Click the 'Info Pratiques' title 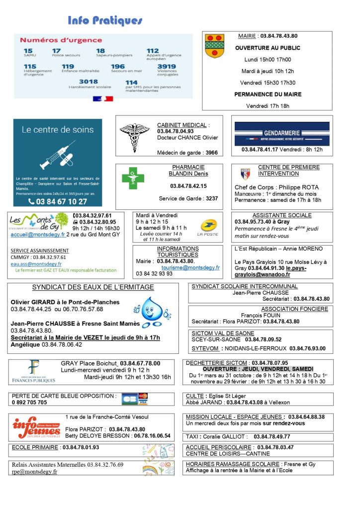pyautogui.click(x=105, y=20)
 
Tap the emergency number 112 pyautogui.click(x=153, y=51)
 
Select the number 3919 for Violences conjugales pyautogui.click(x=167, y=67)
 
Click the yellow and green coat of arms pyautogui.click(x=215, y=46)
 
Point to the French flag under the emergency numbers pyautogui.click(x=103, y=98)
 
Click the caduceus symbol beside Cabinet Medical pyautogui.click(x=134, y=138)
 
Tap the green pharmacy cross pyautogui.click(x=133, y=177)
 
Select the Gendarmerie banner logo pyautogui.click(x=281, y=133)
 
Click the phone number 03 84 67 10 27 pyautogui.click(x=58, y=202)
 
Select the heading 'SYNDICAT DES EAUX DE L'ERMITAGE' pyautogui.click(x=93, y=287)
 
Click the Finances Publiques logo pyautogui.click(x=34, y=372)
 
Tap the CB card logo pyautogui.click(x=129, y=399)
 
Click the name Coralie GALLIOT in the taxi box pyautogui.click(x=223, y=436)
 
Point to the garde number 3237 pyautogui.click(x=211, y=198)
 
